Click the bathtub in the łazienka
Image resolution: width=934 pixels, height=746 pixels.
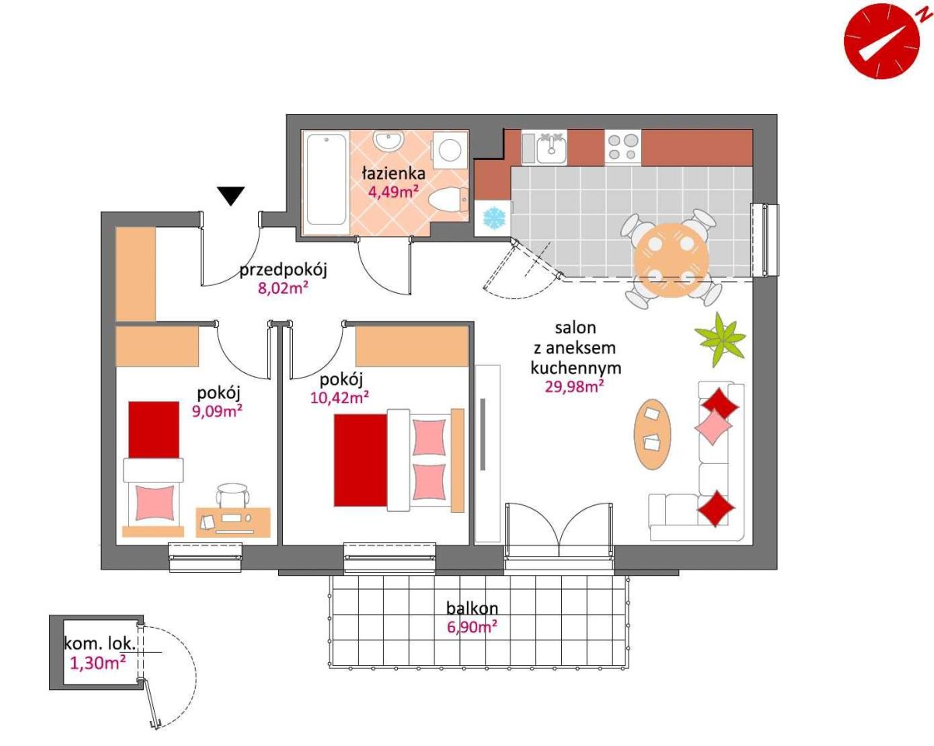click(x=326, y=179)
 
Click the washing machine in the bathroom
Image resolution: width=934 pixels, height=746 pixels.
click(x=450, y=150)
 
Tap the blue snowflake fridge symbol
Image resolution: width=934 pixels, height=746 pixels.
click(x=495, y=218)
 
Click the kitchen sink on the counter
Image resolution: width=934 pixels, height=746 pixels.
click(x=551, y=148)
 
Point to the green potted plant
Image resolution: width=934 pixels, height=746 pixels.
click(x=720, y=340)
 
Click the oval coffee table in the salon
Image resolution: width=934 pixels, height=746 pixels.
click(x=653, y=434)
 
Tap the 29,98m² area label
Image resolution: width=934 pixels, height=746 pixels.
click(x=575, y=385)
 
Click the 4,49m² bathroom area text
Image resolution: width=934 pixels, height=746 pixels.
click(x=393, y=191)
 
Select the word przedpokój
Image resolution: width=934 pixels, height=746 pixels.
click(x=283, y=270)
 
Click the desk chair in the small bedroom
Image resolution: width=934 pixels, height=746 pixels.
click(x=233, y=495)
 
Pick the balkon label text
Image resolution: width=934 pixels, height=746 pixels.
click(x=472, y=608)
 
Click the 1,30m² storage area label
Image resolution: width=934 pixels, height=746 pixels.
click(x=98, y=663)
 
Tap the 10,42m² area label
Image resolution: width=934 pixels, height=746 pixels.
click(x=340, y=397)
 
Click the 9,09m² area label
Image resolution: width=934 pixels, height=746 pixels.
click(x=217, y=410)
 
